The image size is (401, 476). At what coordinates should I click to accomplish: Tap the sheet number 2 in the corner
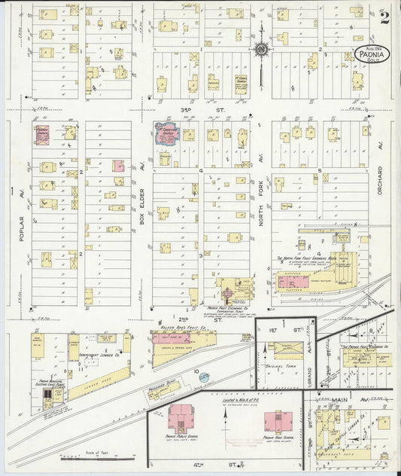pos(384,17)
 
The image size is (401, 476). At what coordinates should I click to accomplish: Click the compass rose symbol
pos(260,50)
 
